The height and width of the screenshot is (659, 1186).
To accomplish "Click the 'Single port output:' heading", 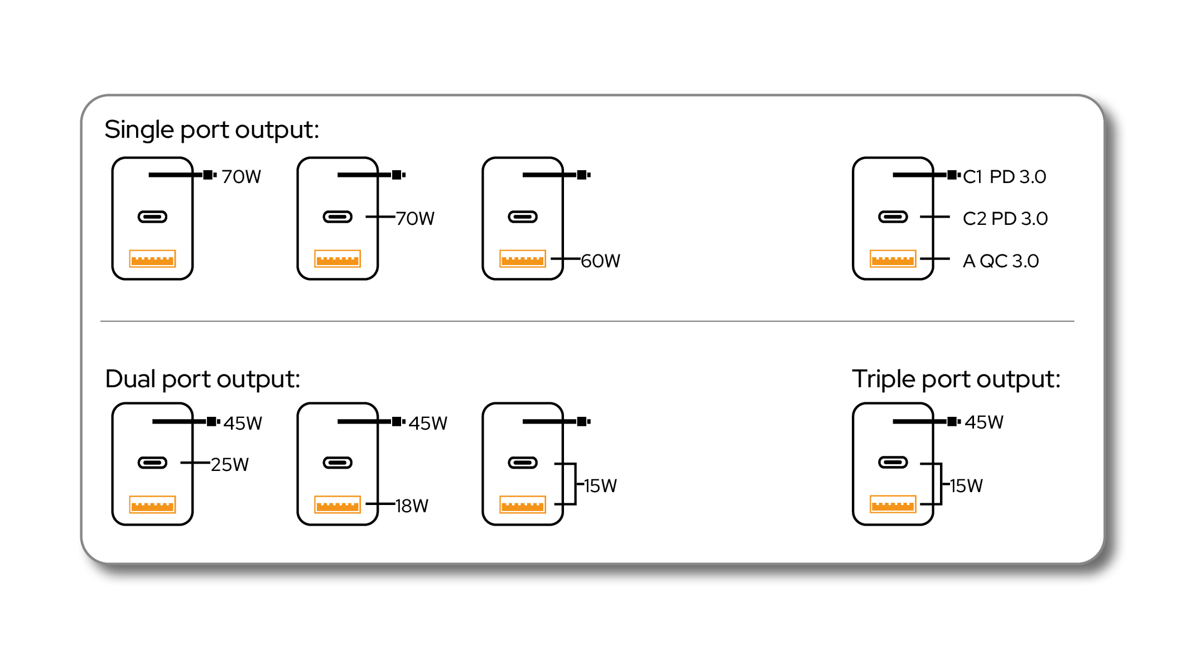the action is pyautogui.click(x=211, y=130).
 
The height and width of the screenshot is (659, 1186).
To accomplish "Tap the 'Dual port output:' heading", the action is pyautogui.click(x=203, y=379).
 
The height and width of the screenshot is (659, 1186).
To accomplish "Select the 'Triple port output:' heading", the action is pyautogui.click(x=956, y=379).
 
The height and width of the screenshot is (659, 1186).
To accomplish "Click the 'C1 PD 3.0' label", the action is pyautogui.click(x=1004, y=177).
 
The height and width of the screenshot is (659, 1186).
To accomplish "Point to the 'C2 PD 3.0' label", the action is pyautogui.click(x=1005, y=219).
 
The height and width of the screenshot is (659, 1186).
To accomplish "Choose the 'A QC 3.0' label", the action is pyautogui.click(x=1001, y=261).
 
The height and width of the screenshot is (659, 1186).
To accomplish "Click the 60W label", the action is pyautogui.click(x=601, y=261).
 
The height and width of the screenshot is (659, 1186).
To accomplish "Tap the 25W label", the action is pyautogui.click(x=230, y=465).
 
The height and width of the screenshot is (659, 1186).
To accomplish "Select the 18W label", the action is pyautogui.click(x=412, y=506).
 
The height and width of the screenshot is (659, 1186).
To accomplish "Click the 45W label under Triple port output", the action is pyautogui.click(x=984, y=422).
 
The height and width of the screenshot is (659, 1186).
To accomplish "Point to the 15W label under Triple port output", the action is pyautogui.click(x=966, y=486).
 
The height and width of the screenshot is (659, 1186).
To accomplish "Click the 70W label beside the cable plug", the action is pyautogui.click(x=242, y=177).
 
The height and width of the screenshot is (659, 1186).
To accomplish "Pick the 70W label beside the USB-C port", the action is pyautogui.click(x=415, y=219).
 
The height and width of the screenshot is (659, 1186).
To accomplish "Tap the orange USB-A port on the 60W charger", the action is pyautogui.click(x=523, y=259).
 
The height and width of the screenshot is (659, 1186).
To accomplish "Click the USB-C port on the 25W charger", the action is pyautogui.click(x=152, y=463).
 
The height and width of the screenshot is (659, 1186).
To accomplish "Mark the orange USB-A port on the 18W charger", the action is pyautogui.click(x=338, y=505).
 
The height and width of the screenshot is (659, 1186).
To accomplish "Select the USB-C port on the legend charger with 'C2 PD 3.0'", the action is pyautogui.click(x=893, y=217).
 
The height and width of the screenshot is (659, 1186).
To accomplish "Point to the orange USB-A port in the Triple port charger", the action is pyautogui.click(x=893, y=504).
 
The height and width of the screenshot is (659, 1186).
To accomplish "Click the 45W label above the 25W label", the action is pyautogui.click(x=243, y=424).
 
